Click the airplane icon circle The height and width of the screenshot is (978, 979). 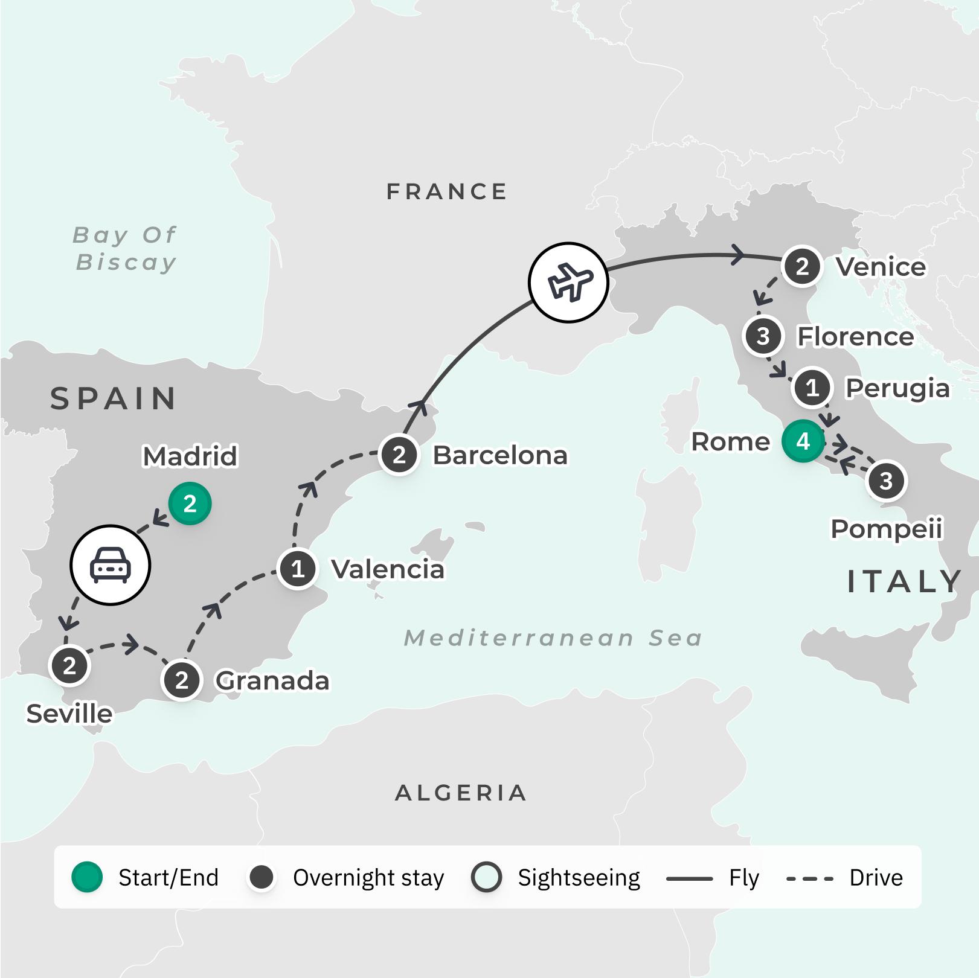click(568, 282)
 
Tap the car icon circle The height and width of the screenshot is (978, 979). click(110, 565)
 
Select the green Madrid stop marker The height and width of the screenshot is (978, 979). click(190, 503)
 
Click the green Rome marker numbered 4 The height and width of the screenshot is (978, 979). click(803, 441)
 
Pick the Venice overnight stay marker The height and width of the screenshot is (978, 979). click(802, 266)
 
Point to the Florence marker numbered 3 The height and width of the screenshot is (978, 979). click(763, 336)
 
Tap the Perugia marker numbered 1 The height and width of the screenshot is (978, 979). click(812, 387)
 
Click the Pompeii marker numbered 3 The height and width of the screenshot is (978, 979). click(886, 481)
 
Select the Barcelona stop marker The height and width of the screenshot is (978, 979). click(399, 455)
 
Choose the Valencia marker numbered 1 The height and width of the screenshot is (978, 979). click(297, 569)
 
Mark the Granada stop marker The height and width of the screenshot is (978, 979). click(181, 680)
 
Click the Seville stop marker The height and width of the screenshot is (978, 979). click(69, 665)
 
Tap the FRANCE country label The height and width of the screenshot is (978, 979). click(447, 192)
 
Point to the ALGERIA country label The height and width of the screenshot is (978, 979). click(461, 793)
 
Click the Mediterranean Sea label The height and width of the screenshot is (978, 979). click(553, 638)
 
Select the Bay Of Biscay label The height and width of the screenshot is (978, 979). click(125, 248)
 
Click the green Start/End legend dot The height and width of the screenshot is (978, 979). click(87, 877)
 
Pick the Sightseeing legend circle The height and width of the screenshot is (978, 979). click(486, 877)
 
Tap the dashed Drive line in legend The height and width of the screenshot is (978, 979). click(810, 878)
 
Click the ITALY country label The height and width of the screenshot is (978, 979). click(904, 582)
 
